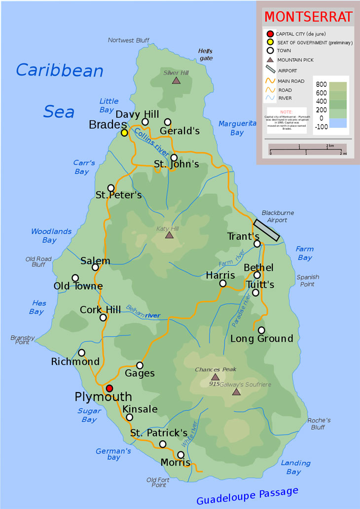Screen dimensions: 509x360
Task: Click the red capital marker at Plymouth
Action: (x=109, y=388)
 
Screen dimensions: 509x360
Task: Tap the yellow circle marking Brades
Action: (x=124, y=133)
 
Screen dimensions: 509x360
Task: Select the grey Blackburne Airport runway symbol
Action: (x=267, y=230)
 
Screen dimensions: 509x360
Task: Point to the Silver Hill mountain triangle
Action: (x=176, y=80)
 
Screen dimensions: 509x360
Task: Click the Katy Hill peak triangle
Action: (x=169, y=235)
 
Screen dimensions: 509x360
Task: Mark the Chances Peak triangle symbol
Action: (x=215, y=377)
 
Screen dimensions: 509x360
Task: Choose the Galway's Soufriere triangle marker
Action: (x=236, y=392)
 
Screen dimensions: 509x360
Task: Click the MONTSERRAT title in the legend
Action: (x=308, y=16)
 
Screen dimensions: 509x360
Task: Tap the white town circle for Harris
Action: (x=223, y=283)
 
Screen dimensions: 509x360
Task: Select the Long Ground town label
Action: (x=261, y=339)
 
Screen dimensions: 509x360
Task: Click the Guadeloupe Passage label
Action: (x=247, y=495)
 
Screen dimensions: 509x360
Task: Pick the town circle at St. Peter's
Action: (x=111, y=188)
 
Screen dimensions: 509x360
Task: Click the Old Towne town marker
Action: (x=75, y=278)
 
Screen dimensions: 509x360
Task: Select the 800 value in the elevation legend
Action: (x=321, y=84)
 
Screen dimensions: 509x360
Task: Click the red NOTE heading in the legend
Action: (x=286, y=112)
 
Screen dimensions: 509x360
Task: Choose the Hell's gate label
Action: (x=206, y=54)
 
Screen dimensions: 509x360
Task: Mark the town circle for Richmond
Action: (x=82, y=353)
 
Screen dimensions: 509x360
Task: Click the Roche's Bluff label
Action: (x=319, y=424)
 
